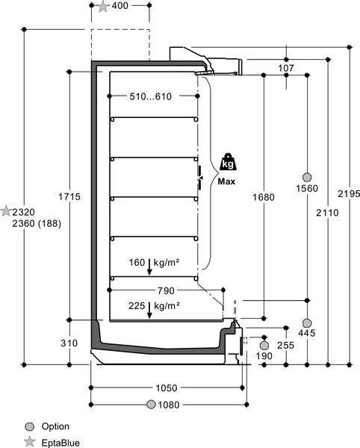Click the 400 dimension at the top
coord(120,5)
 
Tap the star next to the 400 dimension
coord(103,6)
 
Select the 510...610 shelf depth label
coord(151,96)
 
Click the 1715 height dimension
coord(69,196)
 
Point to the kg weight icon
coord(228,162)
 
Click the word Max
coord(226,181)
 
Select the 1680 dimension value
coord(264,197)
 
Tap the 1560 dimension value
coord(307,189)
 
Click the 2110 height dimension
coord(327,213)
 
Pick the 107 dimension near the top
coord(286,68)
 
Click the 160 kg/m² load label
coord(154,263)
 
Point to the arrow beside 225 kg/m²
coord(149,311)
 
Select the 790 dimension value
coord(166,291)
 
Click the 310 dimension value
coord(69,343)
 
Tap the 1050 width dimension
coord(167,388)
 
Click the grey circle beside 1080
coord(151,405)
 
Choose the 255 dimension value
coord(286,345)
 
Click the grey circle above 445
coord(307,323)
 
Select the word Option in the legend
coord(55,426)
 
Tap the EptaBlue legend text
coord(60,443)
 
